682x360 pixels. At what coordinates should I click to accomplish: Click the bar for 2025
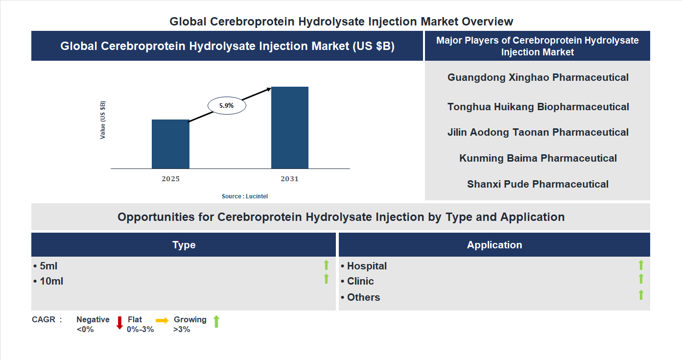tap(170, 144)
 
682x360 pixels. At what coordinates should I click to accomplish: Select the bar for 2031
tap(290, 127)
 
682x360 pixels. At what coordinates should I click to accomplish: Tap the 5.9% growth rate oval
tap(227, 105)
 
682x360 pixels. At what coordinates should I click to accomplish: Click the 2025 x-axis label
tap(170, 179)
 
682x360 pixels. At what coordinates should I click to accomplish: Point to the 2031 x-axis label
tap(289, 179)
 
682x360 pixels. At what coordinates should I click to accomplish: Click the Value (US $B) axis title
tap(103, 120)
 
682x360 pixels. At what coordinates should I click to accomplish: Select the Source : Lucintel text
tap(245, 196)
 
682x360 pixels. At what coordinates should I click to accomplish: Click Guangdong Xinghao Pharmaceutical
tap(538, 77)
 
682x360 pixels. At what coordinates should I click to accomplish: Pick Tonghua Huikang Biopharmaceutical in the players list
tap(538, 107)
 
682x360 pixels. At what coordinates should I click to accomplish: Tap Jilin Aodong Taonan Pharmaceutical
tap(538, 132)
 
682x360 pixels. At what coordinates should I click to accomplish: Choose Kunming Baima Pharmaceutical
tap(538, 158)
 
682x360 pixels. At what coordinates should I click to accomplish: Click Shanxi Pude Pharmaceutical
tap(538, 184)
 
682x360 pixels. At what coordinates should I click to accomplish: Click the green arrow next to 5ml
tap(326, 265)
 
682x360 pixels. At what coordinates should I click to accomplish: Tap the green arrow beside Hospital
tap(641, 265)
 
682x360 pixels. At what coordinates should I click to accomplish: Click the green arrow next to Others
tap(641, 295)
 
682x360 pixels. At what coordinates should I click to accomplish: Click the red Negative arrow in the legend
tap(119, 323)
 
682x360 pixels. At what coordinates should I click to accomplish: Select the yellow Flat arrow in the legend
tap(162, 320)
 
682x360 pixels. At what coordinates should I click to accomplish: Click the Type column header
tap(184, 245)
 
